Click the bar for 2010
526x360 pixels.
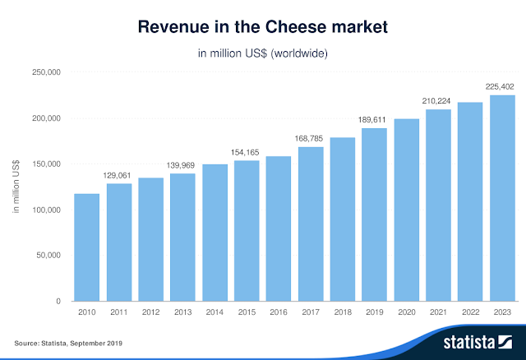click(x=87, y=247)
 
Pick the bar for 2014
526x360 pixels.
click(x=215, y=233)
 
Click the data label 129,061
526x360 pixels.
click(x=119, y=175)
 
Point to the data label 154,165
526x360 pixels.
click(x=247, y=153)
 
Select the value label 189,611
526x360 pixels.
click(x=374, y=120)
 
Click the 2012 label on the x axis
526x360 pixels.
click(x=151, y=312)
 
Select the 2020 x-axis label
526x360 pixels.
click(x=406, y=312)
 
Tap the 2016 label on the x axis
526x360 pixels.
click(x=279, y=312)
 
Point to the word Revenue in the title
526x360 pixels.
click(x=173, y=28)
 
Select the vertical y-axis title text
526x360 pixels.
click(x=16, y=187)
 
